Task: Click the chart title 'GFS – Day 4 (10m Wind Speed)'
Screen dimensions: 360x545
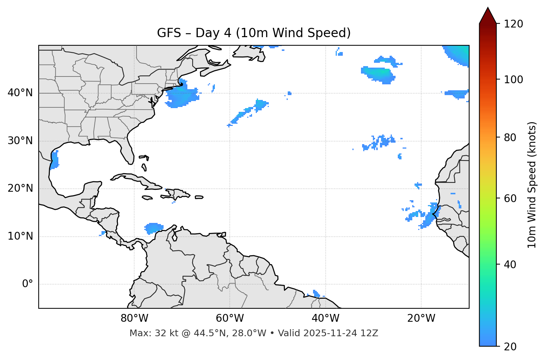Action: point(254,33)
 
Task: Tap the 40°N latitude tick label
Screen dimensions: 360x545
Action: point(20,93)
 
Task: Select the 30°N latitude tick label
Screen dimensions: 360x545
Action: point(20,141)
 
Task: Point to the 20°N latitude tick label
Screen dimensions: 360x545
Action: point(20,188)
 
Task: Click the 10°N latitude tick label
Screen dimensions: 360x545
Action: point(20,236)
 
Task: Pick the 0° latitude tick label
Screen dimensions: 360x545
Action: point(28,284)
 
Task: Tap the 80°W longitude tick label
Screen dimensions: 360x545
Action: point(134,319)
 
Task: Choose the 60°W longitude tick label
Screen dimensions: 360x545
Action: point(230,319)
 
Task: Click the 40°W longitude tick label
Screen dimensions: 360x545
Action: point(325,319)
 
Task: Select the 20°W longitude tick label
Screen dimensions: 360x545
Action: point(421,319)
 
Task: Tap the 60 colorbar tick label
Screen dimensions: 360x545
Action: point(511,198)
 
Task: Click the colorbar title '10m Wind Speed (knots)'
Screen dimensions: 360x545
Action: point(532,185)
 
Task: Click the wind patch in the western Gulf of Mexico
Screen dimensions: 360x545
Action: point(55,160)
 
